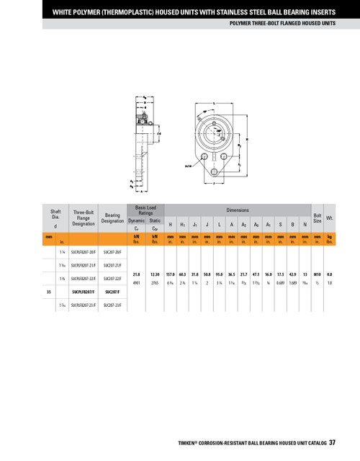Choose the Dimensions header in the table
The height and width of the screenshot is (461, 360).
[238, 210]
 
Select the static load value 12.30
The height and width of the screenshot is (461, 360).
[155, 274]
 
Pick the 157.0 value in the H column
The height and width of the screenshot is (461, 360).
[171, 274]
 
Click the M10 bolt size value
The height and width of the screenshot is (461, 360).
[317, 274]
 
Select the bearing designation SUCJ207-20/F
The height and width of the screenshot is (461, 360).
[113, 253]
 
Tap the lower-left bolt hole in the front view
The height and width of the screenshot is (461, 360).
[204, 156]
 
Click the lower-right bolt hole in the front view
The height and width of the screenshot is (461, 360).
[225, 156]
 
